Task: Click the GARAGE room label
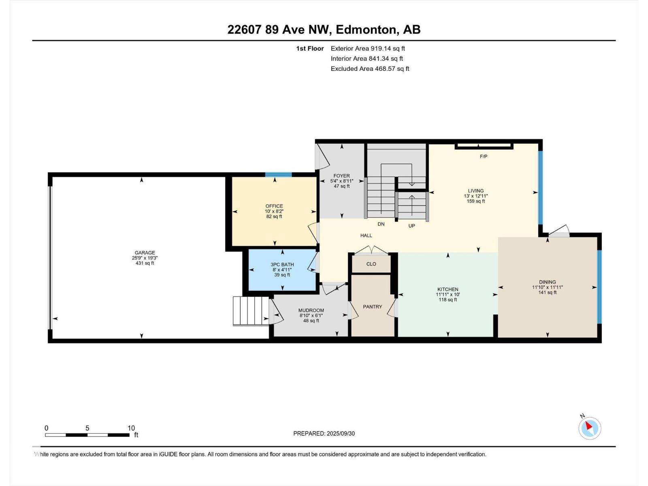tap(145, 253)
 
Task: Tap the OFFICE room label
tap(274, 206)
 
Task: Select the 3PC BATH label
tap(282, 264)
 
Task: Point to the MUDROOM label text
tap(311, 310)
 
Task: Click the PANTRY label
tap(372, 307)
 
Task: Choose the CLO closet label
tap(371, 264)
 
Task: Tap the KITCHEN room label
tap(448, 289)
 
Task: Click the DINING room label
tap(547, 282)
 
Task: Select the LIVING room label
tap(475, 191)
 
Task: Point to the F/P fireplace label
tap(483, 156)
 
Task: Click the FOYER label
tap(341, 176)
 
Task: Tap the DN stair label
tap(381, 224)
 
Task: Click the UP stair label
tap(411, 226)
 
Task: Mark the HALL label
tap(366, 235)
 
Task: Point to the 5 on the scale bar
tap(87, 428)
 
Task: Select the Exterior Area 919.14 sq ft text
tap(368, 48)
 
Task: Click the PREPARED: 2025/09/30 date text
tap(324, 433)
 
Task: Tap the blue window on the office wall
tap(278, 175)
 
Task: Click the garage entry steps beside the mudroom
tap(251, 311)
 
